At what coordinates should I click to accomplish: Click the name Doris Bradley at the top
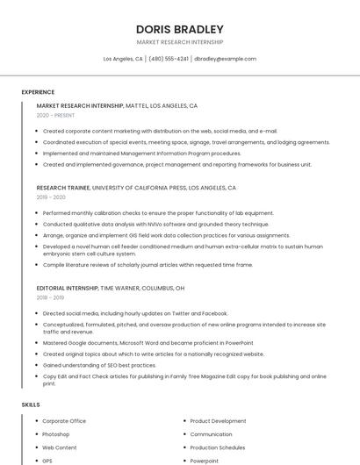pos(179,29)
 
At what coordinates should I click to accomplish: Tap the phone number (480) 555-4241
pos(169,59)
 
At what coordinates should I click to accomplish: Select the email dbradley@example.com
pos(225,59)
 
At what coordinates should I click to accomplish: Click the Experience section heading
pos(38,92)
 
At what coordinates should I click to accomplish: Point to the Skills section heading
pos(31,404)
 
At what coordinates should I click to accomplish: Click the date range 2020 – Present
pos(55,115)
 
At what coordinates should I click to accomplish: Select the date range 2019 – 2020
pos(51,197)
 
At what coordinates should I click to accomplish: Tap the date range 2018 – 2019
pos(51,297)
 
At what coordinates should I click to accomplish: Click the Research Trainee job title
pos(63,188)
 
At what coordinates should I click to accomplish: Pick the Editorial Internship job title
pos(67,288)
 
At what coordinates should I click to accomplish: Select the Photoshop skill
pos(55,434)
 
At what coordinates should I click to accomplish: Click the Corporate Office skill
pos(64,421)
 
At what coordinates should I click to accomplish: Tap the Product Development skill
pos(218,421)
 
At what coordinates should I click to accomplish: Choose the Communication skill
pos(211,434)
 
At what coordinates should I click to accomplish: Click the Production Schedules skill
pos(217,447)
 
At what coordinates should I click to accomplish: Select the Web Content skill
pos(59,447)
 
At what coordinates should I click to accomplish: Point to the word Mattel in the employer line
pos(136,105)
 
